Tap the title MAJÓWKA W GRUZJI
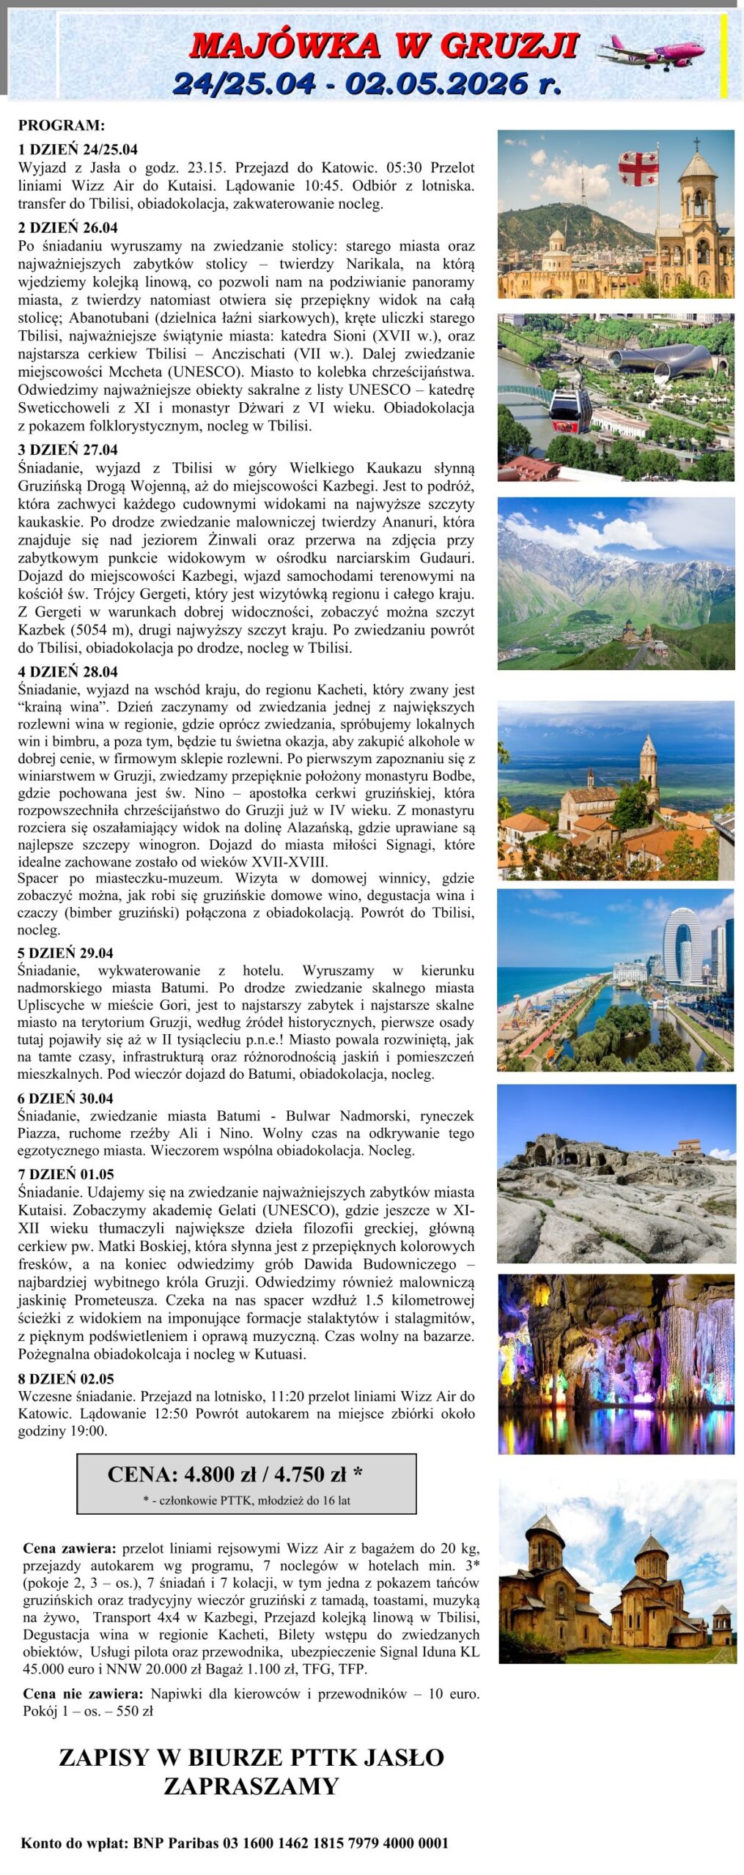tap(384, 45)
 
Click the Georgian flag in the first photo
tap(638, 168)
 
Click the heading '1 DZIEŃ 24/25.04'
tap(78, 149)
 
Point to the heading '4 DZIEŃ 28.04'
tap(67, 672)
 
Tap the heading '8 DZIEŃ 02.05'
tap(66, 1379)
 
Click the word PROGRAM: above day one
tap(62, 125)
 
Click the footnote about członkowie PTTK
tap(246, 1501)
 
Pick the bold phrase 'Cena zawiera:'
tap(69, 1548)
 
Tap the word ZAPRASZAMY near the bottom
tap(251, 1786)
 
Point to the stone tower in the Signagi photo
tap(649, 769)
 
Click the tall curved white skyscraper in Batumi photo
tap(682, 945)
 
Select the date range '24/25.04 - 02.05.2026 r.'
tap(367, 83)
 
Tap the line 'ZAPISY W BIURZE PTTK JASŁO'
tap(251, 1758)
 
